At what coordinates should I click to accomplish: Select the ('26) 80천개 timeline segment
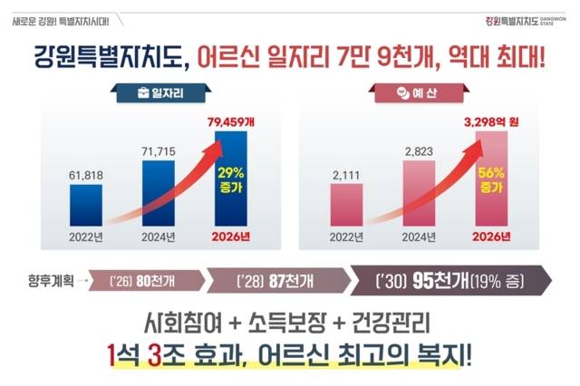coord(141,280)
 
